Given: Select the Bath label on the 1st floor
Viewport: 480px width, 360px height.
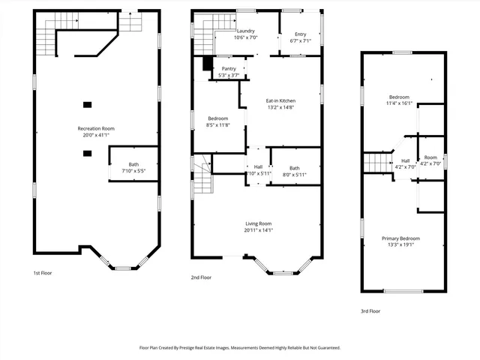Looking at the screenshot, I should point(133,164).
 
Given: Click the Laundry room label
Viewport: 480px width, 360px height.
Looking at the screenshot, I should point(245,31).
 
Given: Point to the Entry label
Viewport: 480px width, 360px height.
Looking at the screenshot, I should point(300,34).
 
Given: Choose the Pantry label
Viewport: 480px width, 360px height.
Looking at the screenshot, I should point(228,68).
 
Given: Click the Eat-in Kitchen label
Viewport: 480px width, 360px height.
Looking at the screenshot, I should point(280,100).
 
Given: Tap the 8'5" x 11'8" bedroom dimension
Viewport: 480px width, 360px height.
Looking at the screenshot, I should point(217,125).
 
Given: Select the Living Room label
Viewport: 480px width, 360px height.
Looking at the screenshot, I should point(258,223).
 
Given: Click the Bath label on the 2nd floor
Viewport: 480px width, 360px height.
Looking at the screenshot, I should point(294,168).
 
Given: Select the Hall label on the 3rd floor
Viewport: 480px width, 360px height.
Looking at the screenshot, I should point(406,160).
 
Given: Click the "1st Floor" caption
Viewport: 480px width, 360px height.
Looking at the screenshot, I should point(43,273).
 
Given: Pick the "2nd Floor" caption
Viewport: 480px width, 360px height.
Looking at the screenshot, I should point(201,277).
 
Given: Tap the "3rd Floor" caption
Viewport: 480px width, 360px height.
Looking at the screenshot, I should point(370,310).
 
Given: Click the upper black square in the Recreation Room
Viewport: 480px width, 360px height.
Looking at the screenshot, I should point(87,105).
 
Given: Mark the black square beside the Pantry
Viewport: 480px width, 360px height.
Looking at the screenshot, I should point(208,64).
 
